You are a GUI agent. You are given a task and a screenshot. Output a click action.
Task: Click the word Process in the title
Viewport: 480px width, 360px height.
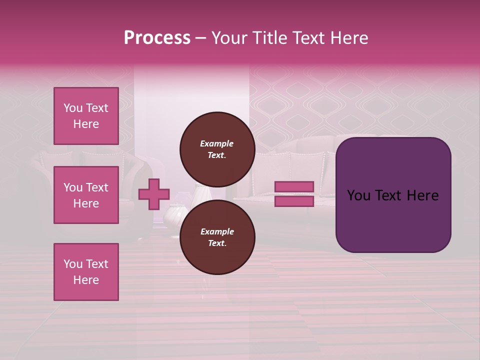tap(157, 38)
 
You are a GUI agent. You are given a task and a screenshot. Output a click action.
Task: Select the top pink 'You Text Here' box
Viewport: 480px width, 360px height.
tap(86, 116)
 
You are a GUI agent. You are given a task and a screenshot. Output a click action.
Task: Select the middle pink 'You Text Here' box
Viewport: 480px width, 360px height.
tap(86, 195)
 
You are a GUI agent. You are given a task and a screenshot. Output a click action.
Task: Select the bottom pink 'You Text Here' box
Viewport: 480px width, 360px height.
tap(86, 272)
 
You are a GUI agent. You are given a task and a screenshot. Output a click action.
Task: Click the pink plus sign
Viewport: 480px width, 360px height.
tap(154, 194)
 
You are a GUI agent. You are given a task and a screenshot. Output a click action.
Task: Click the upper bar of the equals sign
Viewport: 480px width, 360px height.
tap(294, 186)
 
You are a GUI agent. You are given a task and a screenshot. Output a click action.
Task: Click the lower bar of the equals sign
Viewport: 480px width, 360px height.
tap(294, 201)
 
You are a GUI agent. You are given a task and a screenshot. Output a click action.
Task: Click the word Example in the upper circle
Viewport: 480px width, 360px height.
tap(217, 143)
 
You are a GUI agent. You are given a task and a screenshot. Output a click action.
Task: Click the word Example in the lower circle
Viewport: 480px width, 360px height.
tap(217, 231)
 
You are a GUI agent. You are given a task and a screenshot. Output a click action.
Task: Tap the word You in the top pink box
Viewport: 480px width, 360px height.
tap(72, 108)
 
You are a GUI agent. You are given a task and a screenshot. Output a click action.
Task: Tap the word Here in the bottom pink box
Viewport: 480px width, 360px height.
tap(86, 280)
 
